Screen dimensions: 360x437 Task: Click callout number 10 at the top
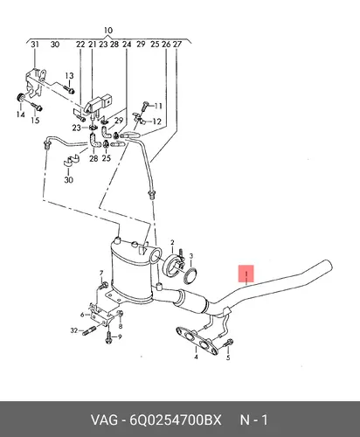(107, 31)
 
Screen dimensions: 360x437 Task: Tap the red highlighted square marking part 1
(246, 274)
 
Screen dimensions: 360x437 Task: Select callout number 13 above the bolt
(69, 76)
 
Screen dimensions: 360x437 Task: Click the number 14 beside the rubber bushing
(20, 114)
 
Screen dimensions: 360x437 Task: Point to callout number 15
(35, 120)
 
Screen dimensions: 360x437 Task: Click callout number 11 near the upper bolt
(158, 106)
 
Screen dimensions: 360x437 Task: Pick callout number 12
(156, 121)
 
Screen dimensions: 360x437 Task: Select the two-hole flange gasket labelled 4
(197, 341)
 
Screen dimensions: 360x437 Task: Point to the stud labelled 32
(89, 331)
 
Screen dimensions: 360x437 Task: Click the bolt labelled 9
(108, 338)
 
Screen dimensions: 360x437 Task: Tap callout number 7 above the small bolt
(101, 273)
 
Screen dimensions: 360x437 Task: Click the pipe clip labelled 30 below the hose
(71, 161)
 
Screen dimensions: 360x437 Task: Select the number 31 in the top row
(35, 45)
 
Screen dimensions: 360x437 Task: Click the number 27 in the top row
(177, 45)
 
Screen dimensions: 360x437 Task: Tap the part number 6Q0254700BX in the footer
(176, 420)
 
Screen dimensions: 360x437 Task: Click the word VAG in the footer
(104, 420)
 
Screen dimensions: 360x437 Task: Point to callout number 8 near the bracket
(121, 326)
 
